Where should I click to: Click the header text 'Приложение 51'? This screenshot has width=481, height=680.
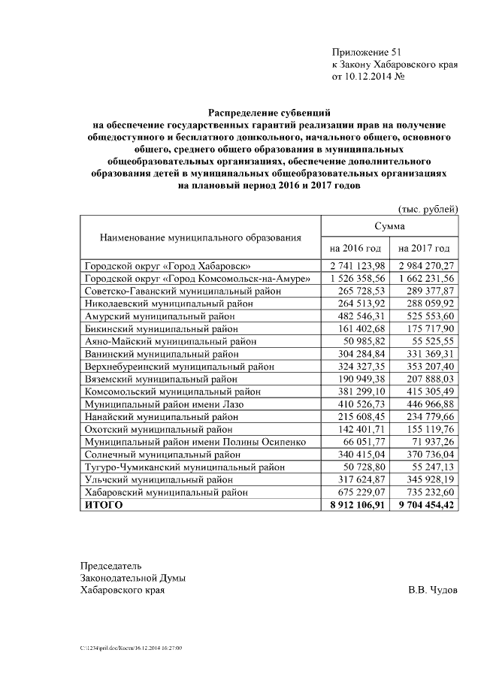tap(368, 52)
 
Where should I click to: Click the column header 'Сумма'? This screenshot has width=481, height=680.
tap(389, 225)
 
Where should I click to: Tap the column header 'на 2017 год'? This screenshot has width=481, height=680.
tap(424, 248)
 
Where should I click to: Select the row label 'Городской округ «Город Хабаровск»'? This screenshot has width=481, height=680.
tap(168, 266)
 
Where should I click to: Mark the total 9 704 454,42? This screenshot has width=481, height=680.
tap(425, 505)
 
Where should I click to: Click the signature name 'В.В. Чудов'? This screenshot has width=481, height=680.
tap(431, 590)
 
